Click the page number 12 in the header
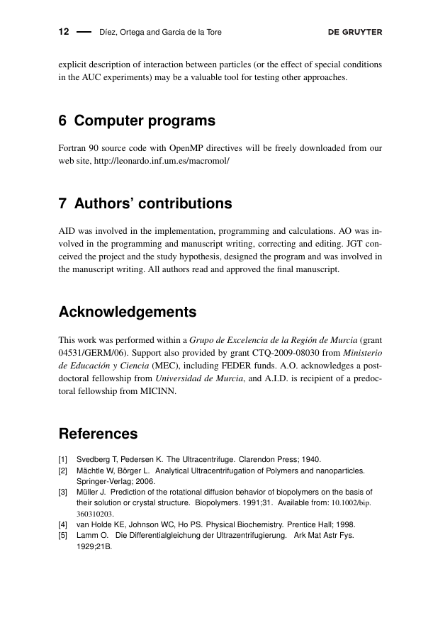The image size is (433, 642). (x=63, y=32)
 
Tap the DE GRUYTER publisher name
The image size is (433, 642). (x=355, y=32)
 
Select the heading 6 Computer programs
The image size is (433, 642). (x=137, y=121)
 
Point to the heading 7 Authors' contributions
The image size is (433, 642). (x=145, y=204)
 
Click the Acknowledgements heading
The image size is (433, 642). (x=128, y=312)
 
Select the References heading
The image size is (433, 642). (x=98, y=434)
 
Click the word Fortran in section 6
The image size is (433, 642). (x=72, y=148)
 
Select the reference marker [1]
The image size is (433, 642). (x=63, y=459)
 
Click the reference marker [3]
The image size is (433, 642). (x=63, y=491)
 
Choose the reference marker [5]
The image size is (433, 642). (x=63, y=535)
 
